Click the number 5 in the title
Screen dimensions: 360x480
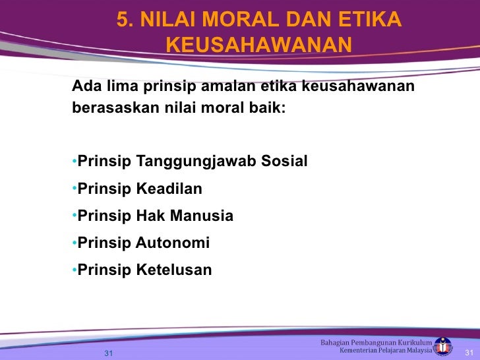(123, 21)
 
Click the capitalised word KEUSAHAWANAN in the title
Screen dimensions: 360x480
(258, 45)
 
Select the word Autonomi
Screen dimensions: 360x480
(172, 243)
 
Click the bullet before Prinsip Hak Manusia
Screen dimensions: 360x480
(74, 216)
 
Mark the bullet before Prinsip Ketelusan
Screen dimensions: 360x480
(74, 270)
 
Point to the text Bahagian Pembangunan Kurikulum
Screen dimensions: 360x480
(376, 342)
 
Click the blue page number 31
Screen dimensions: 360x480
(109, 352)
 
